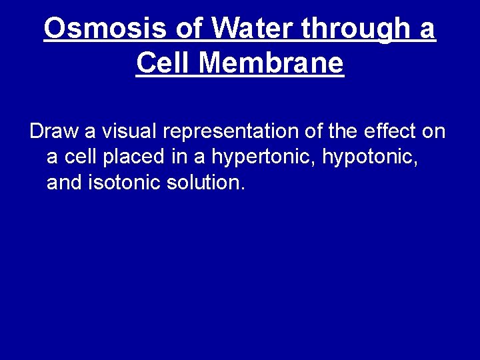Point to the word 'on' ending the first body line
(x=433, y=131)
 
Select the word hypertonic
(x=264, y=158)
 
